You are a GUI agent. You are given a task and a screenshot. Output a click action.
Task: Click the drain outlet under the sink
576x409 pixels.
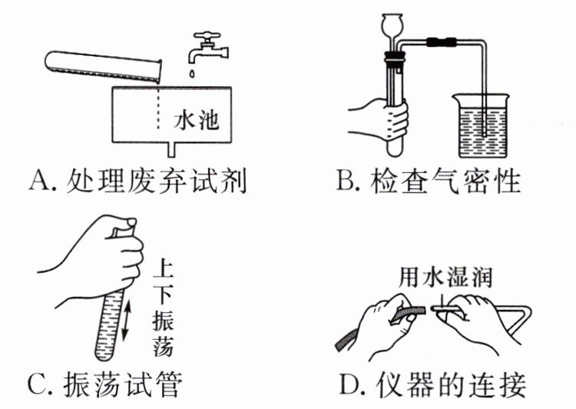click(x=170, y=147)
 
